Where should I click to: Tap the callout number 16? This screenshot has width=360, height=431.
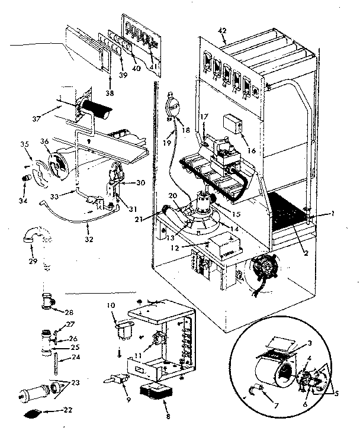(253, 151)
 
